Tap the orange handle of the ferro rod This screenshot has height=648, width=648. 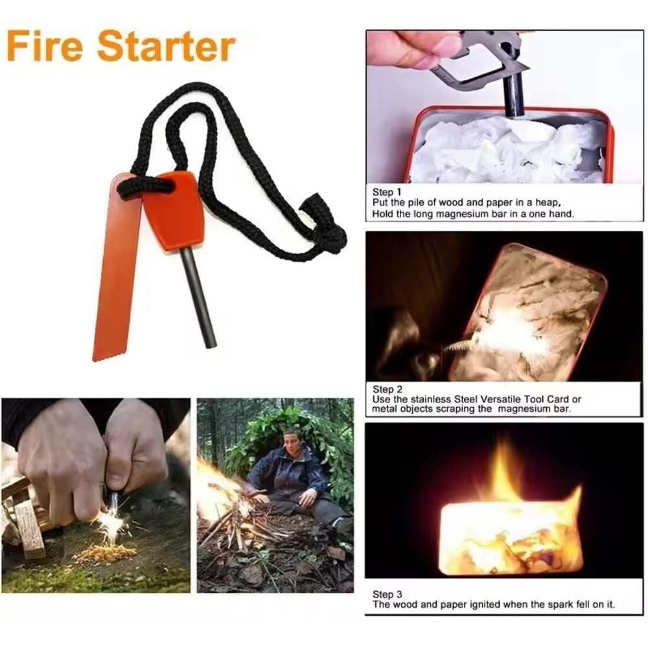point(173,211)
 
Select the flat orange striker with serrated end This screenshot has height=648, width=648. point(117,272)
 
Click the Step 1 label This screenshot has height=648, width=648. point(387,192)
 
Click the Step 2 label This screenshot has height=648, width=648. point(387,389)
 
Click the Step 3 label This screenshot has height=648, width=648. point(387,594)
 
